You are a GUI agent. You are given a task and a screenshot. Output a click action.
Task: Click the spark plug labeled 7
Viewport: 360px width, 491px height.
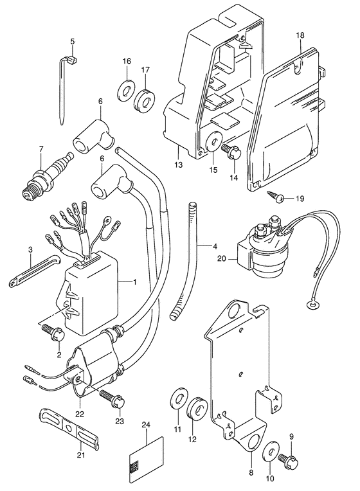tap(47, 177)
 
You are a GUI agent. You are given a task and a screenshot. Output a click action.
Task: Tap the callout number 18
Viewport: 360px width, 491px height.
tap(300, 35)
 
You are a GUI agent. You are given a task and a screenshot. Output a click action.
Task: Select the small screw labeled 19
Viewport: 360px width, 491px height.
tap(276, 197)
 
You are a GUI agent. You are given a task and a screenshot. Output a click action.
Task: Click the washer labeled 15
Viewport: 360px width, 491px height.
tap(213, 141)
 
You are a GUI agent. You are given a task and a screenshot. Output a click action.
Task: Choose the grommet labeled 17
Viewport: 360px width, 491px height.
tap(145, 101)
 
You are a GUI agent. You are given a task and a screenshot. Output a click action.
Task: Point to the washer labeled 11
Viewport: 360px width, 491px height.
tap(179, 398)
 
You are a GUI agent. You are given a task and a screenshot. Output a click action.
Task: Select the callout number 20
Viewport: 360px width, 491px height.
tap(222, 258)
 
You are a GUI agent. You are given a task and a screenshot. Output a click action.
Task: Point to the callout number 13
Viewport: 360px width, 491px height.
tap(178, 165)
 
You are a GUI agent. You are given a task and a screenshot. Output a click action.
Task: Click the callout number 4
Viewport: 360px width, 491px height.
tap(215, 246)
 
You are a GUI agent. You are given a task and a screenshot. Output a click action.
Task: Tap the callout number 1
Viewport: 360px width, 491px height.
tap(135, 282)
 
